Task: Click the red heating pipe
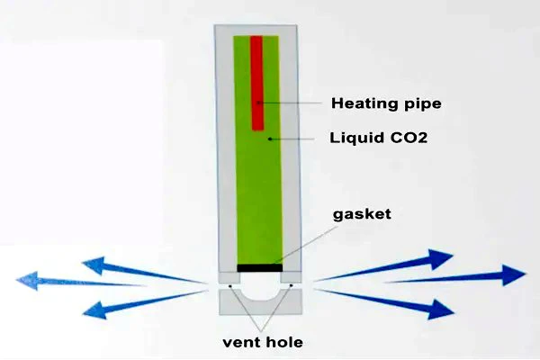256,81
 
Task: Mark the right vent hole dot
284,285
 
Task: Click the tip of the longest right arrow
525,274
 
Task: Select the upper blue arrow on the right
387,265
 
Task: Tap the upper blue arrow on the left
144,270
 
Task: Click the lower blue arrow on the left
144,301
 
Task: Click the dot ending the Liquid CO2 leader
269,139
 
